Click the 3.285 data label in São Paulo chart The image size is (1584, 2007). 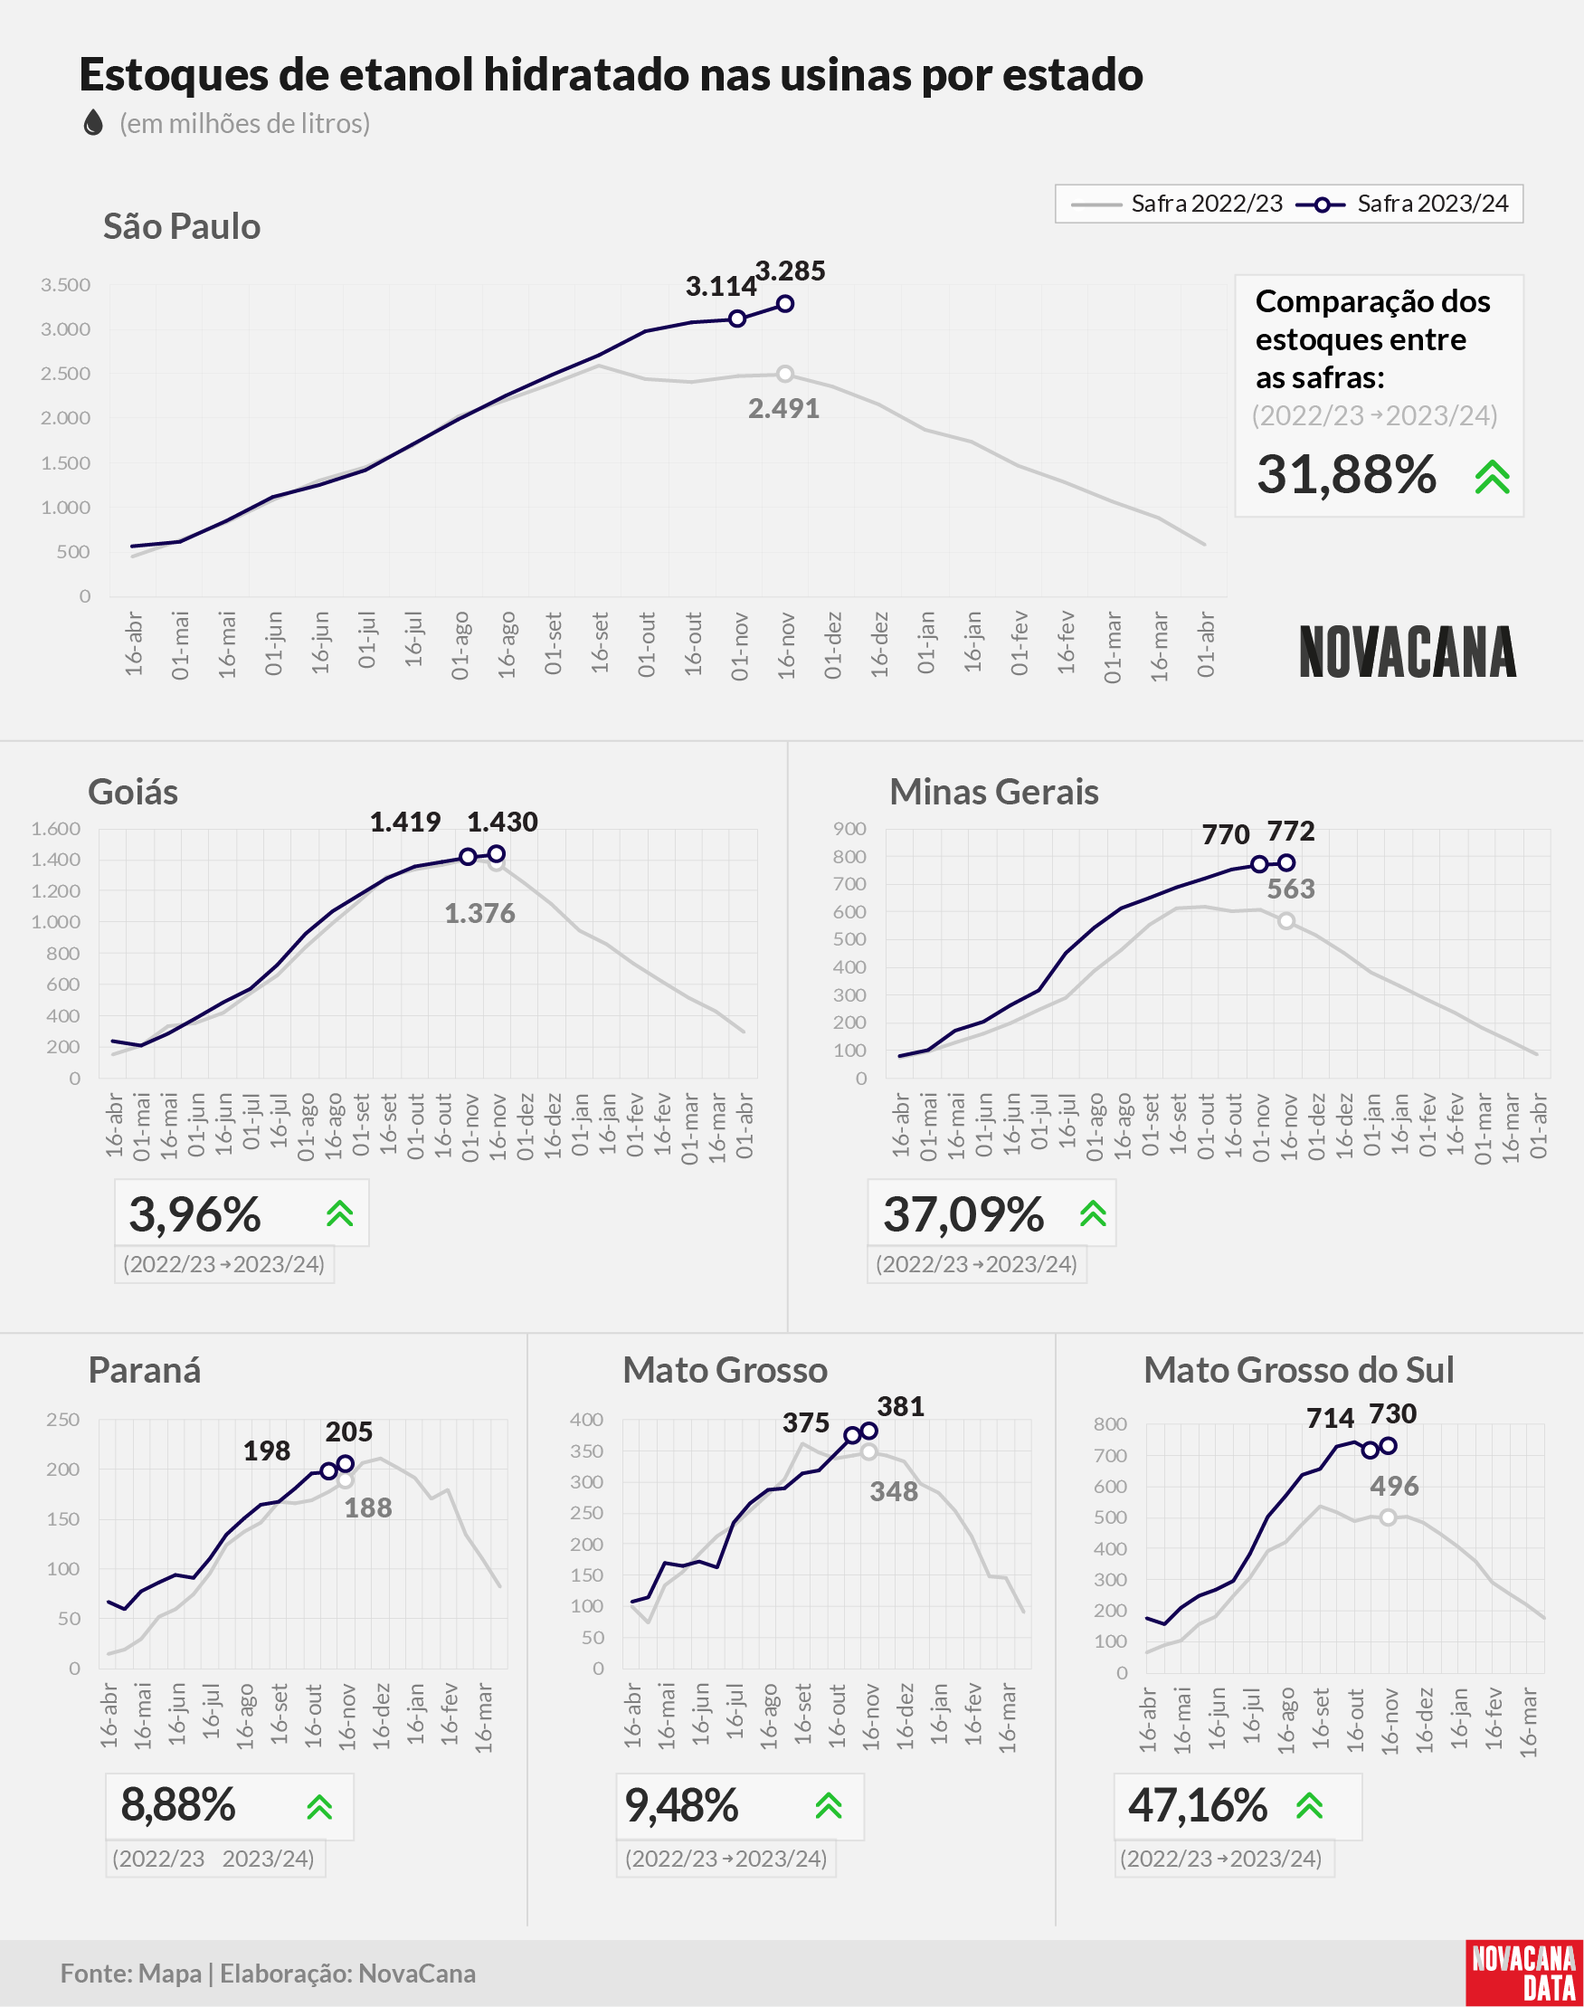click(x=790, y=271)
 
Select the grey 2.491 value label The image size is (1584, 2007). click(x=783, y=408)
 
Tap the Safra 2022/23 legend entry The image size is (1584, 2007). click(x=1176, y=204)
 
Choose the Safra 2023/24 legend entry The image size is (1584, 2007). click(x=1401, y=204)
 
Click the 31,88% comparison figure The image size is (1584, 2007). click(x=1346, y=474)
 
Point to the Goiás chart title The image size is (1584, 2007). click(x=133, y=792)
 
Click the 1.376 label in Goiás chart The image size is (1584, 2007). click(x=479, y=914)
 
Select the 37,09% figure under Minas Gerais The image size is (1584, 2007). click(x=963, y=1214)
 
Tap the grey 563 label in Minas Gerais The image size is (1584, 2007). click(x=1291, y=889)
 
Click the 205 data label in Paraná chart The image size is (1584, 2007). click(x=348, y=1432)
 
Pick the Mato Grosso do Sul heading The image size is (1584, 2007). click(x=1298, y=1370)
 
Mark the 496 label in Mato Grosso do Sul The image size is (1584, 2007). click(x=1394, y=1486)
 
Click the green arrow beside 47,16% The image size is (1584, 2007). click(x=1310, y=1805)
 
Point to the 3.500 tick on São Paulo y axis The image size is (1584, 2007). click(x=65, y=285)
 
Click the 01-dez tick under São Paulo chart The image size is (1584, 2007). click(x=833, y=644)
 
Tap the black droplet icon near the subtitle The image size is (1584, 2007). click(x=93, y=122)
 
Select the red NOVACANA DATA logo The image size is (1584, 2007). click(x=1524, y=1973)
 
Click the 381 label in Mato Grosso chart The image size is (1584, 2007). click(x=900, y=1406)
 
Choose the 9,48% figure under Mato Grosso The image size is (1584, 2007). click(x=682, y=1805)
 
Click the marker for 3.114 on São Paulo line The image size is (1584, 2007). click(x=737, y=319)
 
